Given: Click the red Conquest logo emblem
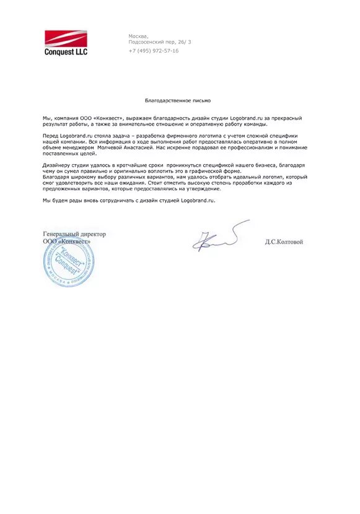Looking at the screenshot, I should tap(66, 39).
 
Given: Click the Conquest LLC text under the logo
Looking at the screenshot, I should tap(66, 52).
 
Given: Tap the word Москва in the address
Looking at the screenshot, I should tap(138, 36).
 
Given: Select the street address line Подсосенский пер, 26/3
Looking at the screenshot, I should tap(160, 41).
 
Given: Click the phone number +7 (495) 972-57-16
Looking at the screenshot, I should tap(154, 51).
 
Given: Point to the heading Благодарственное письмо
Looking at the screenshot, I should tap(178, 100).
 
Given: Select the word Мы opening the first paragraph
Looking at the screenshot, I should tap(47, 118).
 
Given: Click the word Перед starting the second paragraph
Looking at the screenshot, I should tap(51, 134).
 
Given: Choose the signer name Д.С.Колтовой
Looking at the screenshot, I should tap(283, 242).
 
